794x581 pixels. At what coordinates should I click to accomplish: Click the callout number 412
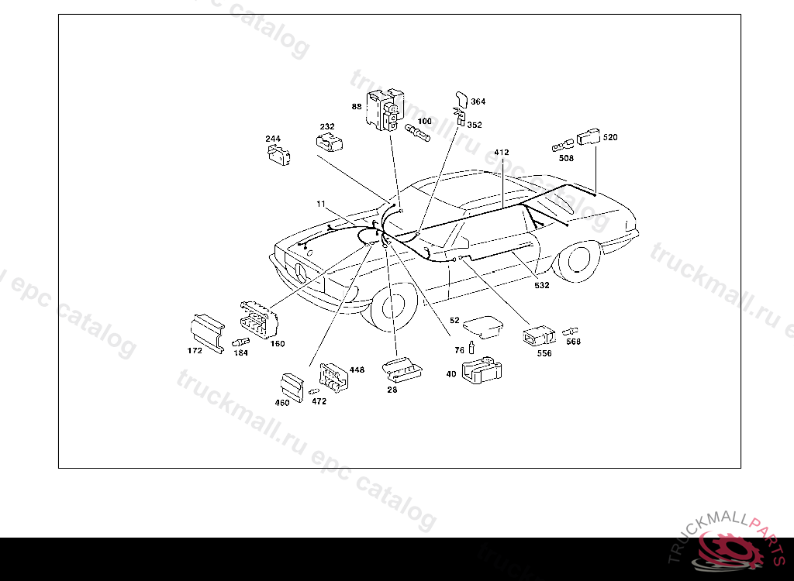click(x=501, y=153)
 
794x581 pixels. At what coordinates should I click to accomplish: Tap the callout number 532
click(x=541, y=285)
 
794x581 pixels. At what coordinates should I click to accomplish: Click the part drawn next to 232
click(x=330, y=142)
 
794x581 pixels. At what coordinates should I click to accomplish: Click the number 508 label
click(x=566, y=158)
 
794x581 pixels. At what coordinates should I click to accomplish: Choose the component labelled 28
click(x=402, y=370)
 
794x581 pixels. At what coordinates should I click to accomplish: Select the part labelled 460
click(x=292, y=385)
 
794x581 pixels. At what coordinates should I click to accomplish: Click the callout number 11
click(x=320, y=204)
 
